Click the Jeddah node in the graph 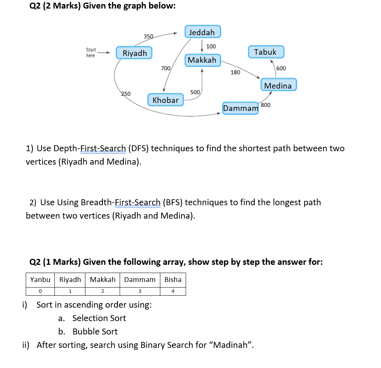click(x=202, y=32)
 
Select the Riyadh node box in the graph click(x=135, y=53)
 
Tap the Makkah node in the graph click(x=202, y=60)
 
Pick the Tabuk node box click(x=265, y=52)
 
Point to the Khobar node click(x=166, y=100)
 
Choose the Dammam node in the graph click(x=240, y=108)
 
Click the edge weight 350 click(x=148, y=37)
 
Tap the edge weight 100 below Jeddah click(x=211, y=47)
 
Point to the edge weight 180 click(x=235, y=72)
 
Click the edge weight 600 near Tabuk click(x=281, y=68)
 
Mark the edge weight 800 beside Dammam click(x=266, y=105)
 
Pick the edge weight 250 click(x=126, y=94)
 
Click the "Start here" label click(x=91, y=53)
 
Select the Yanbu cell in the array click(x=40, y=279)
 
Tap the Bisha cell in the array click(x=173, y=279)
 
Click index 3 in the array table click(x=140, y=291)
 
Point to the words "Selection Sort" click(x=99, y=318)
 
